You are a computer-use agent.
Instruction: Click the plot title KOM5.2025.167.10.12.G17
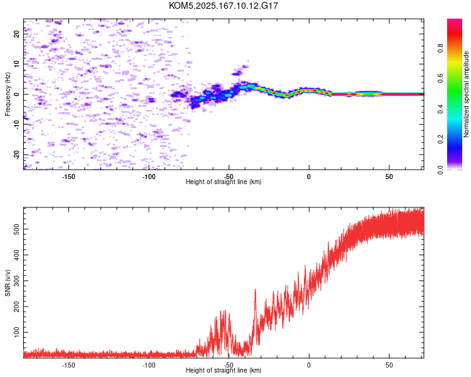223,6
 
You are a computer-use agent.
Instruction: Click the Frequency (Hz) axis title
8,94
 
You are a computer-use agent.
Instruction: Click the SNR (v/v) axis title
8,283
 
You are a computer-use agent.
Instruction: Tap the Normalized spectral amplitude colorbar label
466,94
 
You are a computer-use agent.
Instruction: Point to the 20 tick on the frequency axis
17,34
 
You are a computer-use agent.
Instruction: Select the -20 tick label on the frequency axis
17,155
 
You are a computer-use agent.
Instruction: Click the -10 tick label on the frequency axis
17,124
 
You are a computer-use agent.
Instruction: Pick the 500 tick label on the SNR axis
17,229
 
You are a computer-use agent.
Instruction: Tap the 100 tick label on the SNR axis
17,332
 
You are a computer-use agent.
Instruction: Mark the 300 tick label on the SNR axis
17,281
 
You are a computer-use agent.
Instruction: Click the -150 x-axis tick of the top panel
68,177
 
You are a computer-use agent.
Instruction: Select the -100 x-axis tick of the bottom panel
149,365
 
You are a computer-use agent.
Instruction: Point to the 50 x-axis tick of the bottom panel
389,365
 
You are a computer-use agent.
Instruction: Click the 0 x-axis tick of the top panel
309,177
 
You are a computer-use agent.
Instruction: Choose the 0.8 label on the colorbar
440,48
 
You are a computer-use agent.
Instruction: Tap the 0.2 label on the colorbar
440,139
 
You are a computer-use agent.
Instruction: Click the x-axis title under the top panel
224,182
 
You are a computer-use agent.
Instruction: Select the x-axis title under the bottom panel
224,370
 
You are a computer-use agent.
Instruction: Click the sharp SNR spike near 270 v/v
255,290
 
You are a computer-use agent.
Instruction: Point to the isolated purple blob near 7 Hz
237,73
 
